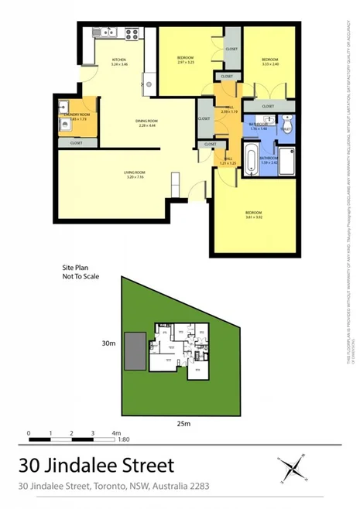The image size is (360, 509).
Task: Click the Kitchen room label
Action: [118, 61]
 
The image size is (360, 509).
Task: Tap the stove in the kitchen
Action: [130, 33]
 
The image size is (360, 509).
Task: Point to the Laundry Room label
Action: [77, 114]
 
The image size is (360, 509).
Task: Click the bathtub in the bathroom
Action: [252, 158]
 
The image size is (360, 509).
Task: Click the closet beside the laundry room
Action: [76, 143]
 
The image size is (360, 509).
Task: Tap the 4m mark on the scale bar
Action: [115, 433]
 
